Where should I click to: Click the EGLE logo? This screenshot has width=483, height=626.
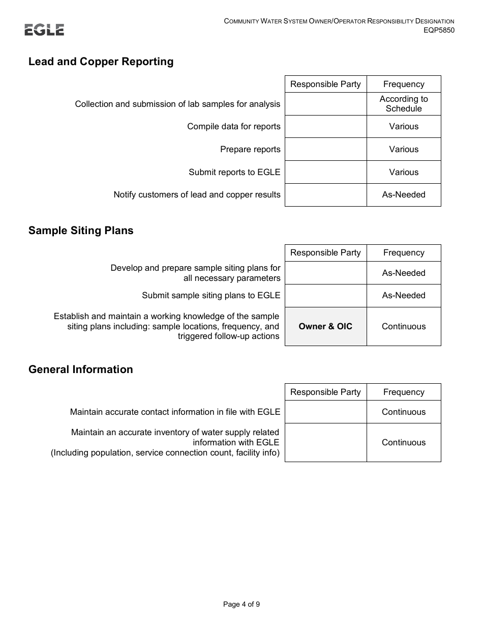point(44,30)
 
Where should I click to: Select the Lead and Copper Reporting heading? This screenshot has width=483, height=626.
point(101,62)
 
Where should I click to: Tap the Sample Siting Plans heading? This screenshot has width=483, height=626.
point(81,231)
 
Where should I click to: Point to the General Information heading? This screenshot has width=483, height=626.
point(81,369)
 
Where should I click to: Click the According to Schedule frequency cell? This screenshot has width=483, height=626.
point(404,104)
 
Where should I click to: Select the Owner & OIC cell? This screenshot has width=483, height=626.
point(325,326)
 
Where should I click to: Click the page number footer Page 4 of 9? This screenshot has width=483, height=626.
point(242,605)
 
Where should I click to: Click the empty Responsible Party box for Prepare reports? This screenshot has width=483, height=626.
point(325,149)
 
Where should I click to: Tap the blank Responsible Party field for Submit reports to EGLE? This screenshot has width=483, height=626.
point(325,172)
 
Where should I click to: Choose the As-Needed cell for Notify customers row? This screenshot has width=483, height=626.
point(404,194)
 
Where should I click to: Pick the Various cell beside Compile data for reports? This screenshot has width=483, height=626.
point(404,126)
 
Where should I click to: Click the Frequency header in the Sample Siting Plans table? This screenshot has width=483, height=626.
point(404,253)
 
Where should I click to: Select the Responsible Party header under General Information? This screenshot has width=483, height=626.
point(325,392)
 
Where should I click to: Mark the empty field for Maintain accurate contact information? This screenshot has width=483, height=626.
point(325,412)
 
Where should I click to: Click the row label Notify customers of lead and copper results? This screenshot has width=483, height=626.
point(197,194)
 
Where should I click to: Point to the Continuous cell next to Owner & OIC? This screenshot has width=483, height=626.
point(404,326)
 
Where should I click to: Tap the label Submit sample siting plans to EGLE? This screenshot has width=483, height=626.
point(211,295)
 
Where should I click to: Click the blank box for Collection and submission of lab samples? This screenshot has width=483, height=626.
point(325,104)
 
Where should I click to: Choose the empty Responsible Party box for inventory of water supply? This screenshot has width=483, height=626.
point(325,442)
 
